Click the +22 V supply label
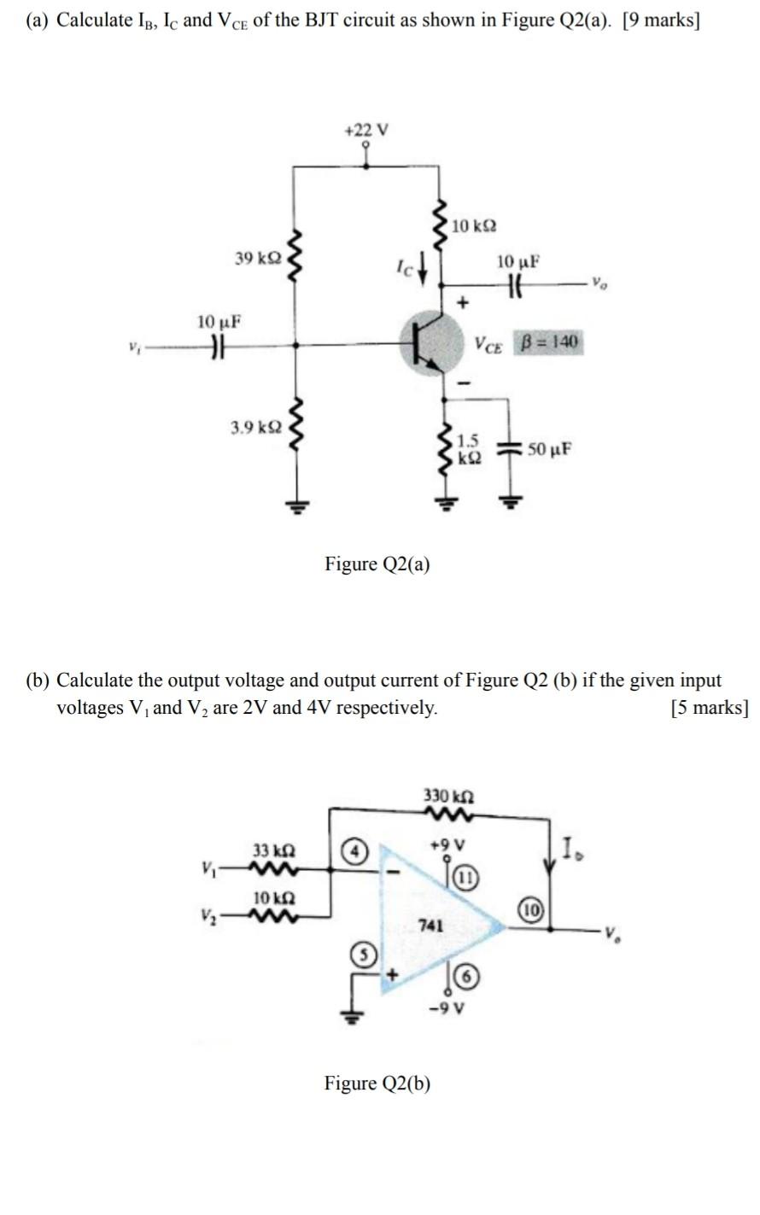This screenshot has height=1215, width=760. (x=365, y=130)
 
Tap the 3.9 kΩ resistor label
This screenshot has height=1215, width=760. (x=254, y=424)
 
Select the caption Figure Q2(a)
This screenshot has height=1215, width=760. (x=377, y=564)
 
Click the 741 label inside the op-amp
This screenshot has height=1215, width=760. (x=430, y=924)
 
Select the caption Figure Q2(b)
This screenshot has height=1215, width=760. (x=377, y=1084)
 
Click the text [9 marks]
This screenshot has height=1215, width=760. (x=661, y=20)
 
